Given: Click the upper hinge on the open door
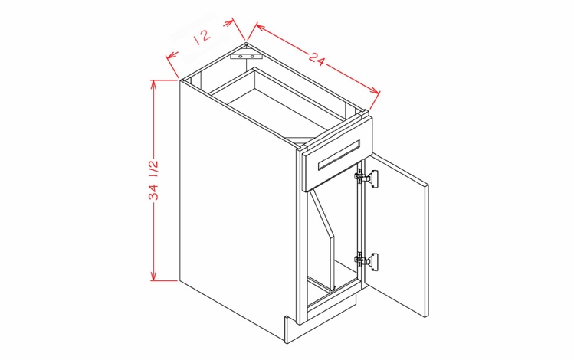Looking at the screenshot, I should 366,178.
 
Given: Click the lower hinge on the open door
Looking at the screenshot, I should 366,260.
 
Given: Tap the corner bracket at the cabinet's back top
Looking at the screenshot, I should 246,56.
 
